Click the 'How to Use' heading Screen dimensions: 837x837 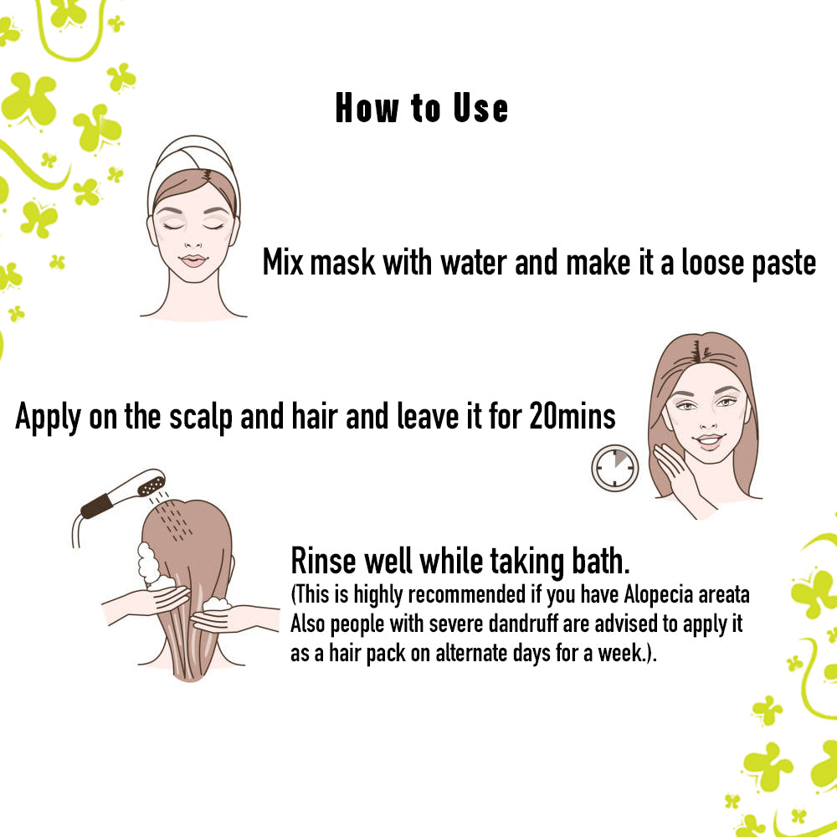click(421, 110)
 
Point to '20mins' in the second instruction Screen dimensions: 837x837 click(573, 417)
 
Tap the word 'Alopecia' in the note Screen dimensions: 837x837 click(657, 596)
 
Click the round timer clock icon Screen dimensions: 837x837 click(614, 467)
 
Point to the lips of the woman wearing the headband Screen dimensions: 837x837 click(193, 259)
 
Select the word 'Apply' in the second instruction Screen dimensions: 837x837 click(49, 417)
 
